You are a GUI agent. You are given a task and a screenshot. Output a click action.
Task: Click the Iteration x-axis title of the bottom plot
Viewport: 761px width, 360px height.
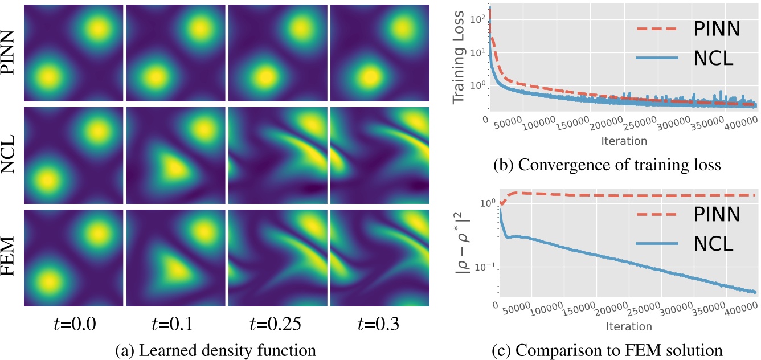coord(629,326)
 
